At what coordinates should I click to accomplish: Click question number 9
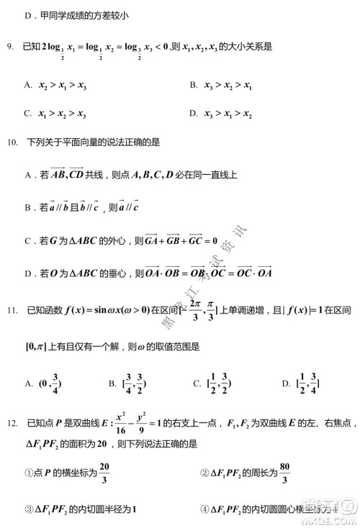pos(10,47)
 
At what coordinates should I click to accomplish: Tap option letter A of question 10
pos(27,175)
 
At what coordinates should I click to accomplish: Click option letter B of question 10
pos(27,208)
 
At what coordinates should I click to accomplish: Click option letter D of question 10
pos(27,273)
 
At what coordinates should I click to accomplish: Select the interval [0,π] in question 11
pos(35,347)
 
